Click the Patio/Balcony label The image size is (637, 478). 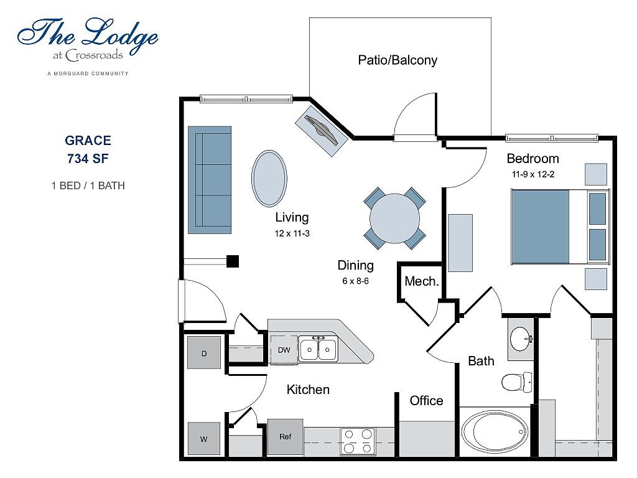398,60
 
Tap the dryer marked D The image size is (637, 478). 204,352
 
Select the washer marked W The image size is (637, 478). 204,438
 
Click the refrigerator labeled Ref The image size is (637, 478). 285,436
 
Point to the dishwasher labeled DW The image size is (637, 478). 284,350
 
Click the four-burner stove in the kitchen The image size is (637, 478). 358,441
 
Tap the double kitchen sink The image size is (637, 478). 318,349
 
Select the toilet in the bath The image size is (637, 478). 516,381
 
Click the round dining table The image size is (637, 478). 394,218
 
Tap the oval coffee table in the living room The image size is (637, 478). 269,178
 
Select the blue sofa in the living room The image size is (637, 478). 210,180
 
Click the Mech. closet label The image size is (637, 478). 422,281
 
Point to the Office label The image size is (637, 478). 426,401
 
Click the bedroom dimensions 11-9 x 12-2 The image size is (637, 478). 532,174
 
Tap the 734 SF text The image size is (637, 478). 88,158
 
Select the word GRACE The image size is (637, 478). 88,141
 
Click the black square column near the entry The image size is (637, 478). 233,261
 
